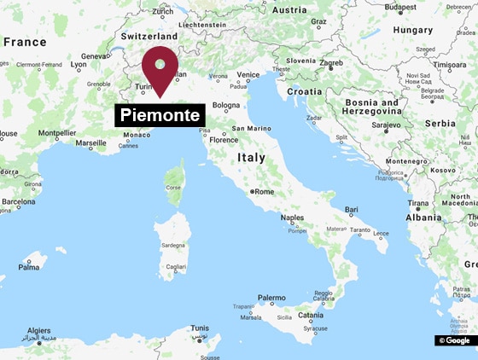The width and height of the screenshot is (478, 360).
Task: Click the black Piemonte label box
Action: click(160, 115)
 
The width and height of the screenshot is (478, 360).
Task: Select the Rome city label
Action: click(264, 192)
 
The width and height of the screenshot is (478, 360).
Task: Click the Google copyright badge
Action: click(455, 340)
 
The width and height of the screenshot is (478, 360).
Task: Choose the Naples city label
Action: click(292, 218)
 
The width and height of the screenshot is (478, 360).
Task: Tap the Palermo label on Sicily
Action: click(271, 298)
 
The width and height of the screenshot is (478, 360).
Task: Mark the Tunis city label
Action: click(200, 328)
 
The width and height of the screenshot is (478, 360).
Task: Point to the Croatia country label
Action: click(305, 90)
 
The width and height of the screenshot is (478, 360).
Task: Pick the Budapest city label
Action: click(400, 8)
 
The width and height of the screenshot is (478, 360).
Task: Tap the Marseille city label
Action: click(91, 143)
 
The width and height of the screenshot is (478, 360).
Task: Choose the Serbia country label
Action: click(440, 123)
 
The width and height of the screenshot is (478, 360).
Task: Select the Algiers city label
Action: click(39, 330)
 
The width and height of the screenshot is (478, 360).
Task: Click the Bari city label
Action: click(352, 209)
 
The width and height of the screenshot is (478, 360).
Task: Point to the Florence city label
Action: click(224, 140)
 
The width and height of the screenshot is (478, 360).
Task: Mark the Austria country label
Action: click(289, 10)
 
